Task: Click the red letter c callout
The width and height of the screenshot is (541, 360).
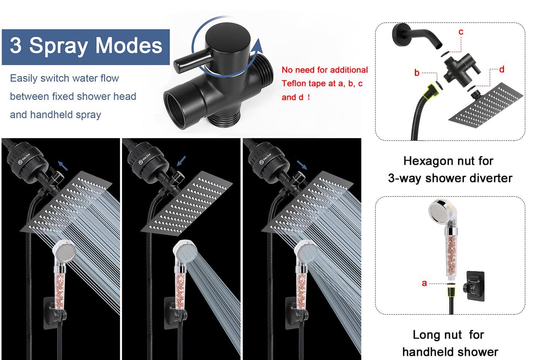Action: pyautogui.click(x=461, y=32)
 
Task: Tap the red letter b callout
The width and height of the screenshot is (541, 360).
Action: pyautogui.click(x=417, y=73)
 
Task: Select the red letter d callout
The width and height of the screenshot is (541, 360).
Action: pyautogui.click(x=502, y=69)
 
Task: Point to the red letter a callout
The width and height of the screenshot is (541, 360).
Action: pyautogui.click(x=424, y=283)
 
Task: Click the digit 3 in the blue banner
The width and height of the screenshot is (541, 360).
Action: pyautogui.click(x=16, y=45)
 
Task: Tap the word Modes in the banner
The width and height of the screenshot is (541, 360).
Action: pyautogui.click(x=129, y=45)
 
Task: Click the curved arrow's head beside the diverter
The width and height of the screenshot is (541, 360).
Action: pyautogui.click(x=258, y=47)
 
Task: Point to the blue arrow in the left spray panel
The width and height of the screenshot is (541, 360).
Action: pyautogui.click(x=63, y=166)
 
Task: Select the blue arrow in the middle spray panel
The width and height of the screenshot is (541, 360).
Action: pyautogui.click(x=181, y=161)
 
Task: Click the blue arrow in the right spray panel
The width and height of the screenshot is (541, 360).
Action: pyautogui.click(x=302, y=165)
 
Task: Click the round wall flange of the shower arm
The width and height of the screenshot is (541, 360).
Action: pyautogui.click(x=400, y=34)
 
